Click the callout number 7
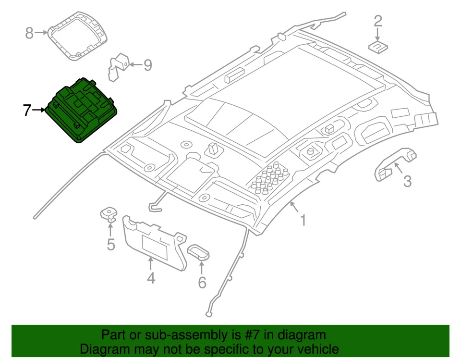[x=27, y=111]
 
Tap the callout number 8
[x=30, y=33]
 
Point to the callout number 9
[x=147, y=65]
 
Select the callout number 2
[x=378, y=21]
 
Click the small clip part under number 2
[x=378, y=46]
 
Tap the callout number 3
[x=407, y=182]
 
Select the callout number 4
[x=151, y=278]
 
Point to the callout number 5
[x=111, y=245]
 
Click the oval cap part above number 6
[x=198, y=251]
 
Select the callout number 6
[x=202, y=283]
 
